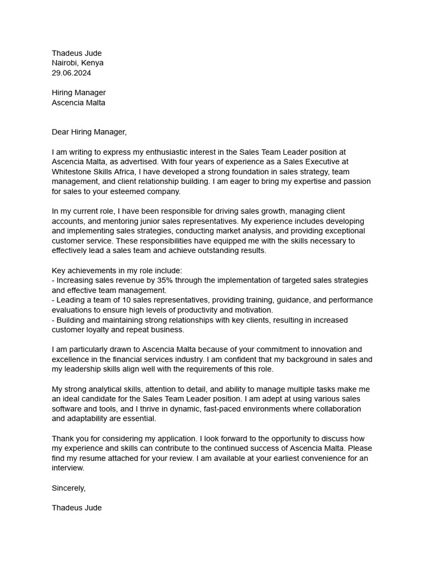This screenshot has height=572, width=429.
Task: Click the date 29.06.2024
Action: [71, 73]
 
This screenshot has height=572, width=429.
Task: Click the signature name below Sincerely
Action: [77, 508]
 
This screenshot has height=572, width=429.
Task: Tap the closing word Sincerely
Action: [68, 488]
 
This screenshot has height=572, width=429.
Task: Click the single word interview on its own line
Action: [68, 469]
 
